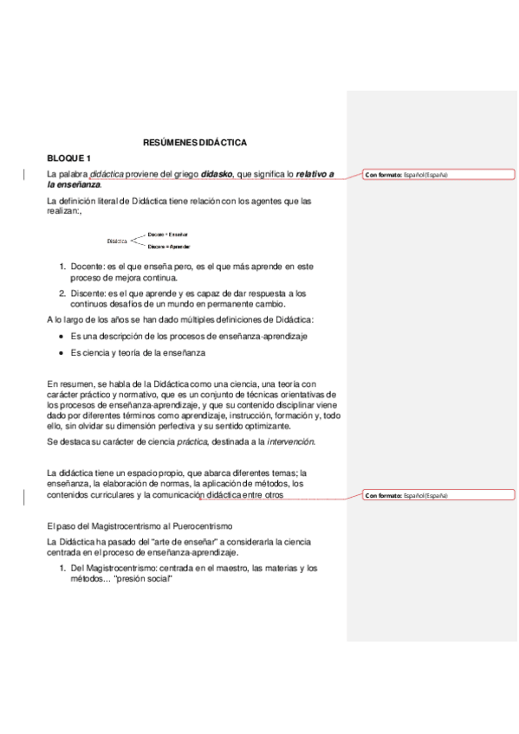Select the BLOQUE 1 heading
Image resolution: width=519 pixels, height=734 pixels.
pyautogui.click(x=68, y=158)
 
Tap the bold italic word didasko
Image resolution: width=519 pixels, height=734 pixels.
pyautogui.click(x=217, y=174)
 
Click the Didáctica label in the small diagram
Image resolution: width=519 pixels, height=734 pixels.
pyautogui.click(x=117, y=241)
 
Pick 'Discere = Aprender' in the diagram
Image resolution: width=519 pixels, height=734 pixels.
pyautogui.click(x=169, y=247)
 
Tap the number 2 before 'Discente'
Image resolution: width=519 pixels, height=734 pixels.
pyautogui.click(x=62, y=293)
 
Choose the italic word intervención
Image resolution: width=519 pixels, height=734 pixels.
pyautogui.click(x=290, y=441)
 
